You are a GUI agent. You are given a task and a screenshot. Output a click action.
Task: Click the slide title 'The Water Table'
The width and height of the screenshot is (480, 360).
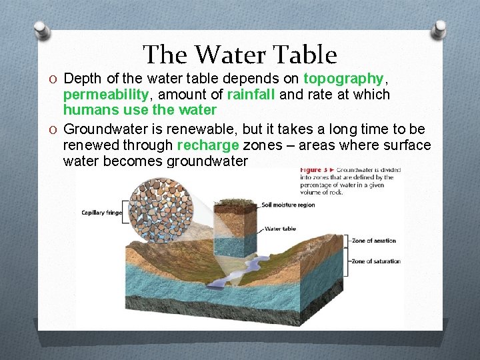[x=240, y=55]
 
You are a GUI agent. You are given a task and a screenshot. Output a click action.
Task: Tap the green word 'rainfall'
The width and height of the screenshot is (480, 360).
[x=251, y=95]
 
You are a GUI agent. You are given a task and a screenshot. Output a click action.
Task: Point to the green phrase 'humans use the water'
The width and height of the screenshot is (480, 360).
[x=140, y=110]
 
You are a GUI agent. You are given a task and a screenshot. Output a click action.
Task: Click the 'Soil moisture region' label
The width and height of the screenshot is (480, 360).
[x=288, y=205]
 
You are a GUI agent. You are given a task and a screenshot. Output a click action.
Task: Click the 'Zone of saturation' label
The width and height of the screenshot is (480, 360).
[x=375, y=261]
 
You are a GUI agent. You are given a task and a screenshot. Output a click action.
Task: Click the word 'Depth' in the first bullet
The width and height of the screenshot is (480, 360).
[x=80, y=79]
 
